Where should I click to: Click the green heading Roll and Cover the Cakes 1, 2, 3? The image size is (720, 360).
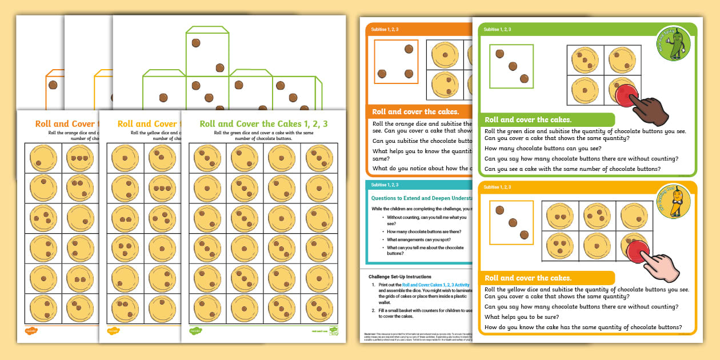[263, 123]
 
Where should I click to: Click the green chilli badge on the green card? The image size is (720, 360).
[674, 43]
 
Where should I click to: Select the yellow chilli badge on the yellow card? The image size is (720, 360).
[674, 202]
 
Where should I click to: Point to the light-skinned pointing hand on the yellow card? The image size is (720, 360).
[660, 263]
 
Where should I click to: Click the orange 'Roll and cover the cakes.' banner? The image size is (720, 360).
[415, 112]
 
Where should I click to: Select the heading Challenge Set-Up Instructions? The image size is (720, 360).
[400, 276]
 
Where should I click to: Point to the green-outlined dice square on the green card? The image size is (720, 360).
[511, 66]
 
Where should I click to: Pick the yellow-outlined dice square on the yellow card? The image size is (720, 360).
[511, 223]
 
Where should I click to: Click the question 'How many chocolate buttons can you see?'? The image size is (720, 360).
[542, 148]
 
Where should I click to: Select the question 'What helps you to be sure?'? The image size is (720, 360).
[522, 317]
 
